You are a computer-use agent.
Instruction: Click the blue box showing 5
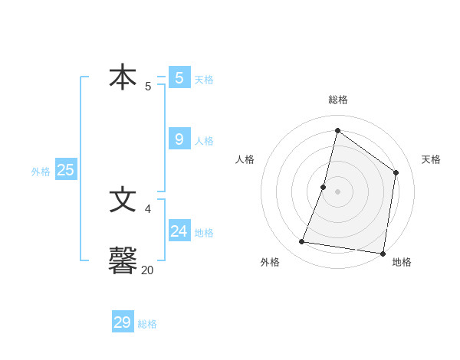(179, 77)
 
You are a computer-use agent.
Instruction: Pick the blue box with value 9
(179, 139)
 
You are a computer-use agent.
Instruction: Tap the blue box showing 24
(179, 231)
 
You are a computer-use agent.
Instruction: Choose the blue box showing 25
(66, 170)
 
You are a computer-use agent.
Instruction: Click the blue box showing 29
(123, 322)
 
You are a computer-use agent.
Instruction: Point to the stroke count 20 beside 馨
(147, 270)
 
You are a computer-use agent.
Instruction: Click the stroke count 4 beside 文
(148, 208)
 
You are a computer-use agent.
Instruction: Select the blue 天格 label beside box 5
(204, 80)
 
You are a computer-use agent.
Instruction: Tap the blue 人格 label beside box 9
(204, 141)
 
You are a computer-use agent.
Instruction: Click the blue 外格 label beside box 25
(41, 172)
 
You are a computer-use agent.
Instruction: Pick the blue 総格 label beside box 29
(147, 324)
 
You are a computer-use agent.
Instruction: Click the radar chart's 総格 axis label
(337, 100)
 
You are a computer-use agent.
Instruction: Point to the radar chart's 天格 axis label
(431, 159)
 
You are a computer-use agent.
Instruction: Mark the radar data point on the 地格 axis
(382, 253)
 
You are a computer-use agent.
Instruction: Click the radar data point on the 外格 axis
(302, 242)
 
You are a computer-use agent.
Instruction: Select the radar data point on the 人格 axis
(324, 187)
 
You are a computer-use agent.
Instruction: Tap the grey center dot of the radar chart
(337, 191)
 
